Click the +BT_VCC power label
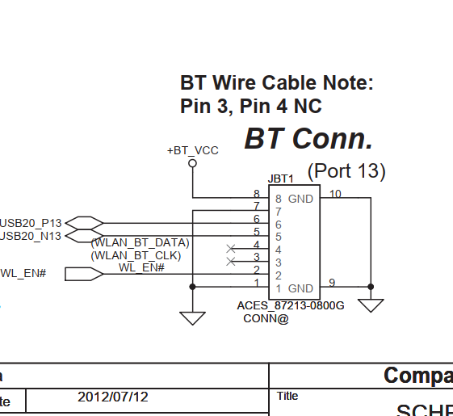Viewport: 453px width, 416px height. click(x=192, y=150)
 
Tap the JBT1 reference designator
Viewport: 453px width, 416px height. click(x=280, y=179)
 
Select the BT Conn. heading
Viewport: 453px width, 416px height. click(x=308, y=139)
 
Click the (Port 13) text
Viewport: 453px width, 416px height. click(x=346, y=171)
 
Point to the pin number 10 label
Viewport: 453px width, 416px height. click(x=335, y=193)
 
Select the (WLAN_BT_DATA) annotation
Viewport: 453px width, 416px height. click(x=140, y=242)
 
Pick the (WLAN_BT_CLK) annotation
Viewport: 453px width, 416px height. click(x=136, y=255)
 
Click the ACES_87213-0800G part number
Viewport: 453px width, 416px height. click(x=291, y=306)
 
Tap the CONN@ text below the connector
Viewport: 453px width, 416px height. click(x=266, y=318)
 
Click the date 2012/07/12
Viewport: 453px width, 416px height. click(x=113, y=397)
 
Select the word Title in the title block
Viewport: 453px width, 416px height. click(x=287, y=396)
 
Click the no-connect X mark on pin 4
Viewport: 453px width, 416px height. click(x=232, y=248)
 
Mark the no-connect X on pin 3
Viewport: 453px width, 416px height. click(x=232, y=261)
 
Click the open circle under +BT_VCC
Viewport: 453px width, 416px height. click(x=192, y=163)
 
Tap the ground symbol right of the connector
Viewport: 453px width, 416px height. click(x=371, y=306)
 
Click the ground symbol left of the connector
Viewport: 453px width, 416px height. click(x=192, y=317)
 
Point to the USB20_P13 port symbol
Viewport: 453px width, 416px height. click(x=84, y=222)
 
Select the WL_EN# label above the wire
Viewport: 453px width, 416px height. click(x=141, y=267)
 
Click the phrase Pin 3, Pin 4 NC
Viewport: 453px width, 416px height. click(x=251, y=106)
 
